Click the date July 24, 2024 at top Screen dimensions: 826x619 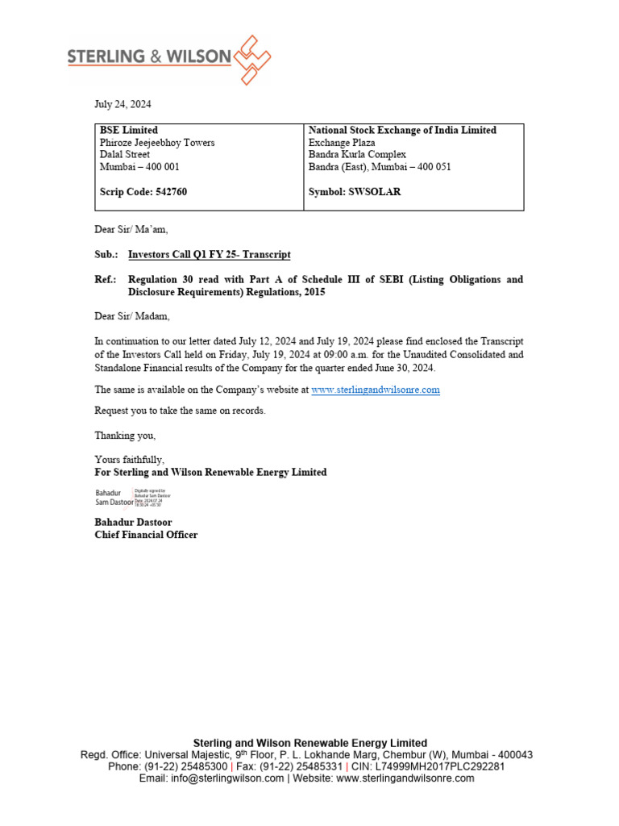click(x=123, y=105)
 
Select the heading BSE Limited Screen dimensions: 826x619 click(x=128, y=130)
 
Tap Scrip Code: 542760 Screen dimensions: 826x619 click(x=143, y=193)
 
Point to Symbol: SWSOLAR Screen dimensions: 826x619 click(x=355, y=193)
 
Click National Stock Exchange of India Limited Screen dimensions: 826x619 click(x=402, y=130)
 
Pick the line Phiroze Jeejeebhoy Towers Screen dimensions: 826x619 click(x=157, y=143)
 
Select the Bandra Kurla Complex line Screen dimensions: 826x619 click(x=357, y=155)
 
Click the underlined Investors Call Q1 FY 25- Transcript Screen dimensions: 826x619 click(x=209, y=255)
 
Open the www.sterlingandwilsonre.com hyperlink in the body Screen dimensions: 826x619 click(x=376, y=390)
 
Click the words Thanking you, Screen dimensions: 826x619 click(x=125, y=436)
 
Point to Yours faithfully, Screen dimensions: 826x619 click(x=129, y=460)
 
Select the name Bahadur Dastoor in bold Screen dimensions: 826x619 click(x=133, y=523)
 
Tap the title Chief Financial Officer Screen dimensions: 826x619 click(x=146, y=535)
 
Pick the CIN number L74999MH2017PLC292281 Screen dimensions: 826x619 click(x=443, y=767)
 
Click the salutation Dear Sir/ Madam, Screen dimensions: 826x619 click(x=132, y=316)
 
